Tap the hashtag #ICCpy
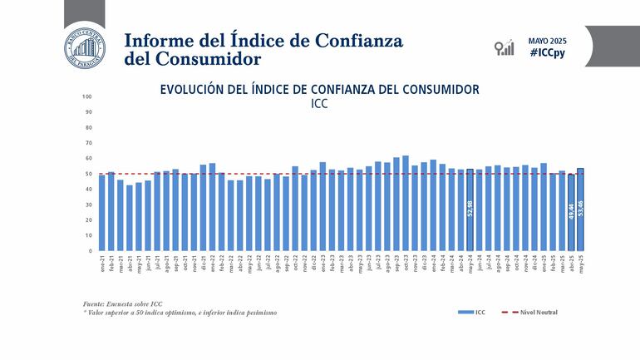(x=548, y=53)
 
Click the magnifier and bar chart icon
(x=504, y=47)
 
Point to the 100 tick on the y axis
(x=87, y=96)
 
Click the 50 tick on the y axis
(x=88, y=174)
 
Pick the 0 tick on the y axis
(x=90, y=251)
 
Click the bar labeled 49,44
(x=571, y=213)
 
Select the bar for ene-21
(x=101, y=213)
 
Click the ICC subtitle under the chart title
(x=320, y=105)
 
